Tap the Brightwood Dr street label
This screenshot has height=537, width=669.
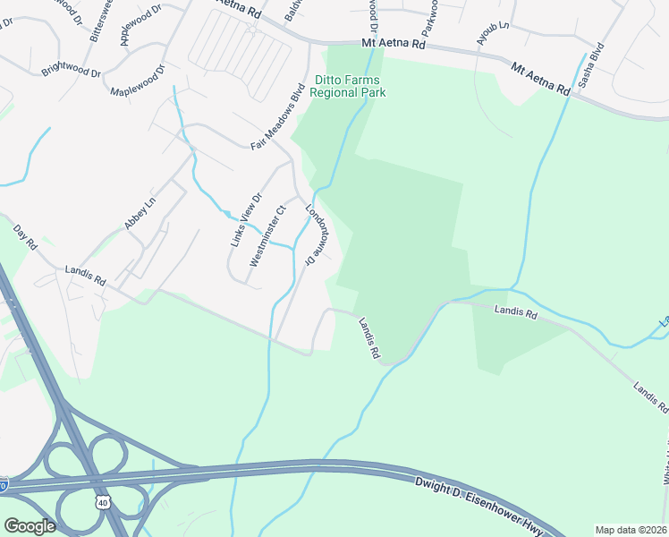tap(71, 68)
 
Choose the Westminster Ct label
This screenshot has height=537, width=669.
tap(267, 236)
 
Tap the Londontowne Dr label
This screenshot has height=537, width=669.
tap(313, 235)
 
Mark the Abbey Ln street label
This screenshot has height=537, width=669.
tap(140, 213)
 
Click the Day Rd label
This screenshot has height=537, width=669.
tap(25, 236)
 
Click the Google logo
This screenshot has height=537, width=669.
tap(30, 526)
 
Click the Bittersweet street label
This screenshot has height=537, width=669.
tap(100, 20)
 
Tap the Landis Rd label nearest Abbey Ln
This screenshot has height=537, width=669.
tap(86, 276)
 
